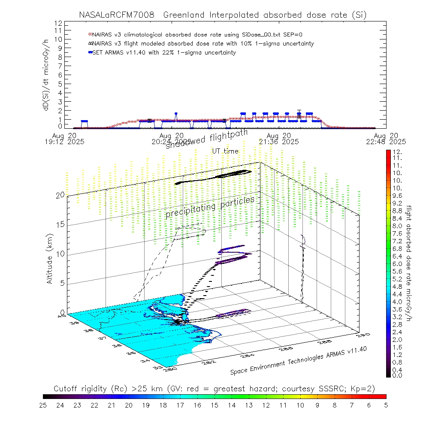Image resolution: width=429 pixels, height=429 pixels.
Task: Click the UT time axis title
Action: click(225, 151)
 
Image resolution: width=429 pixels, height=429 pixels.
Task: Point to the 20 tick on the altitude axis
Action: click(60, 195)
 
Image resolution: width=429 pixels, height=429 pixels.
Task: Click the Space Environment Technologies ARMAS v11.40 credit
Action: click(298, 360)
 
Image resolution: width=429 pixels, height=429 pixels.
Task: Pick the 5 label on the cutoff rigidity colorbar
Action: click(386, 405)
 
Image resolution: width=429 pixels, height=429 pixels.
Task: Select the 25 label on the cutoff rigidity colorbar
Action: click(43, 405)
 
